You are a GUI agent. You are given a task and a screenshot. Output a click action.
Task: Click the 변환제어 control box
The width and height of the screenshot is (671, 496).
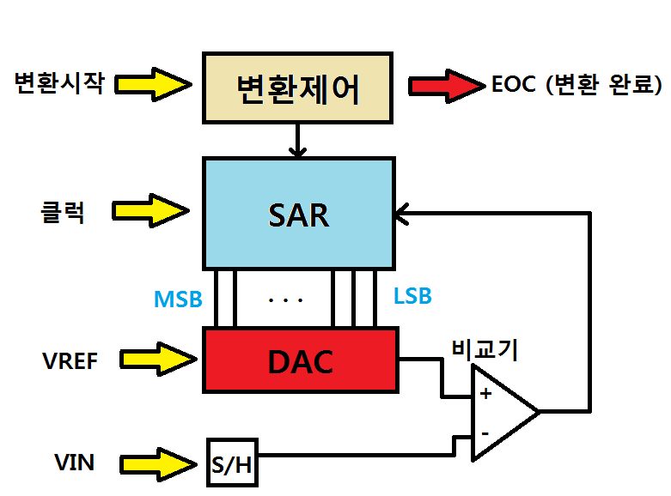[x=297, y=88]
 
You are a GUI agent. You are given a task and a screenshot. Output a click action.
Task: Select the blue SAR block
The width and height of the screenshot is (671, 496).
[x=297, y=213]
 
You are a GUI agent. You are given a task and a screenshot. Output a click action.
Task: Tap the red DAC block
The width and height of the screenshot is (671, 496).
[x=300, y=360]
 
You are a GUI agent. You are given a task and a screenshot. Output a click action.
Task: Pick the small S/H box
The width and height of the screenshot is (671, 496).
[x=232, y=463]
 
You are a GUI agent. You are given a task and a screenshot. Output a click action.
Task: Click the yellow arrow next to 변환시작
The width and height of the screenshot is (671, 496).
[x=154, y=83]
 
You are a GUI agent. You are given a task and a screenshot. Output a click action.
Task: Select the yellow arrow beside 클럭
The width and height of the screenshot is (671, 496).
[x=154, y=209]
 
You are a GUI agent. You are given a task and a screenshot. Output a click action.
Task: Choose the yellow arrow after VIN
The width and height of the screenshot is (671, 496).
[x=156, y=463]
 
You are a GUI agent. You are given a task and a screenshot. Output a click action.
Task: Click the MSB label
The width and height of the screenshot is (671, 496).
[x=178, y=299]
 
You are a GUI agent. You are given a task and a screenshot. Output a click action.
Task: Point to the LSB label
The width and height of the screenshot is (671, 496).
[x=412, y=297]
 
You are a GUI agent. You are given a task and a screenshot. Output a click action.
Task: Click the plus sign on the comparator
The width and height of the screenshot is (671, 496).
[x=485, y=394]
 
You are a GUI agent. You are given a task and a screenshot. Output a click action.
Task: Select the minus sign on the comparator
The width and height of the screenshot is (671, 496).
[x=485, y=433]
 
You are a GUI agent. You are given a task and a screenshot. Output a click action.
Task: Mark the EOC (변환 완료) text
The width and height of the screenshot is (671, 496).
[x=576, y=85]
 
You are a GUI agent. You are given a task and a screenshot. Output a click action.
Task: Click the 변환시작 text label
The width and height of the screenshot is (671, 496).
[x=58, y=83]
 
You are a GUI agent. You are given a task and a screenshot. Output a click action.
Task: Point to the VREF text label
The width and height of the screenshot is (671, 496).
[x=70, y=360]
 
